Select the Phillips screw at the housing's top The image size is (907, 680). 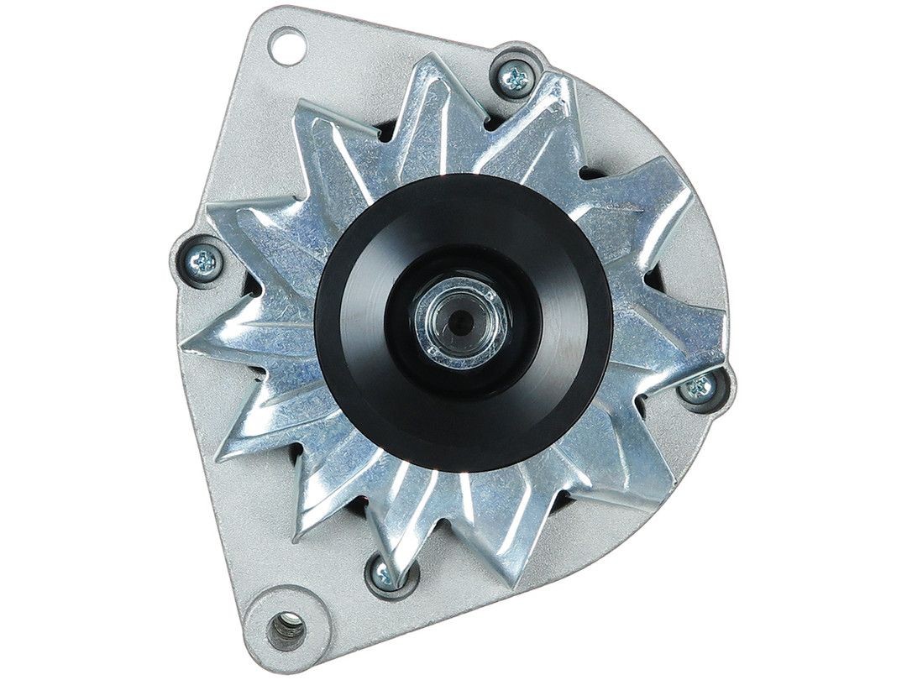[x=514, y=77]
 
